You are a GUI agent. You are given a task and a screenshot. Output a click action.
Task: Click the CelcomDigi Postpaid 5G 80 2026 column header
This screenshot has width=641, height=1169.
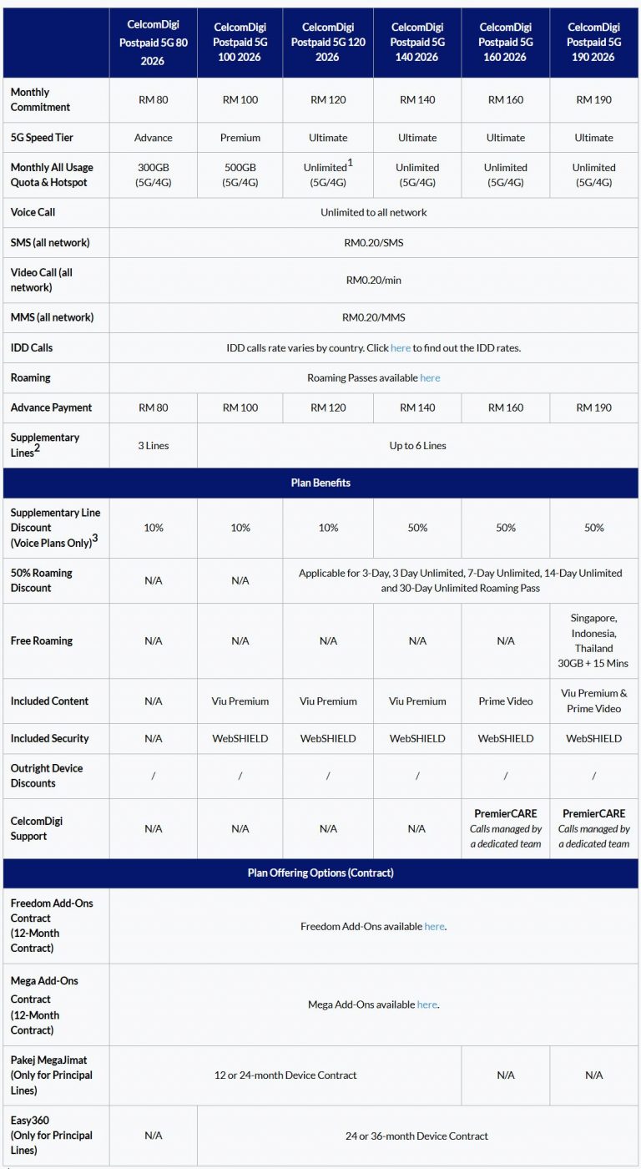(153, 43)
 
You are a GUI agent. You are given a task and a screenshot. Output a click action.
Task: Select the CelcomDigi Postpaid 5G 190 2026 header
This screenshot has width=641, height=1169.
(593, 43)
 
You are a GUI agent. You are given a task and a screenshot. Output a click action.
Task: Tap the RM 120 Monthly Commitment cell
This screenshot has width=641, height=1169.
(328, 99)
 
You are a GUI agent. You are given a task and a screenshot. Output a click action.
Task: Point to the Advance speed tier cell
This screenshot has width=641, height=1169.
(153, 138)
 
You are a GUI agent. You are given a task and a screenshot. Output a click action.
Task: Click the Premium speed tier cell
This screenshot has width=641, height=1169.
(240, 138)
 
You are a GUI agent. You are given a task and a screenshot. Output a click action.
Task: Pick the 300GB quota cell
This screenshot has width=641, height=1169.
(153, 175)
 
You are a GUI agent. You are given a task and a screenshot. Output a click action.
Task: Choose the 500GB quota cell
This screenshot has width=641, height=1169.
(240, 175)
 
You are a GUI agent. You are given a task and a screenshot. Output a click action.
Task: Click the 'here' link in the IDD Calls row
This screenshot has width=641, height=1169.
(401, 348)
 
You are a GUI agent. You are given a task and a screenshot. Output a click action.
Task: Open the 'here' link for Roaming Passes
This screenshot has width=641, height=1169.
(430, 378)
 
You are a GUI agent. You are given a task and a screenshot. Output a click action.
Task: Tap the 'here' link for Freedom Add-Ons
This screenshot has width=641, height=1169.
(434, 926)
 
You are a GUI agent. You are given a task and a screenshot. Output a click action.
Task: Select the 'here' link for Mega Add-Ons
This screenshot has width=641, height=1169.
(426, 1005)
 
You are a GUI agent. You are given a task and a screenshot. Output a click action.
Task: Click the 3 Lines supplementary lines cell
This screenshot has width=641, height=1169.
(153, 446)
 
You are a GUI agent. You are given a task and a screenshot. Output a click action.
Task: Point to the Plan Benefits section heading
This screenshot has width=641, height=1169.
(320, 483)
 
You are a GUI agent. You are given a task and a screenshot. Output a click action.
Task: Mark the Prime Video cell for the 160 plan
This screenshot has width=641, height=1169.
(506, 701)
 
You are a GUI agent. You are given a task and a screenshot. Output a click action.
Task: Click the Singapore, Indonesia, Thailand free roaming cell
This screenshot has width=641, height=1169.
(593, 640)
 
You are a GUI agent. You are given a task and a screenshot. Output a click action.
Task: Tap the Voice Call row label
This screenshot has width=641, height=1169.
(33, 213)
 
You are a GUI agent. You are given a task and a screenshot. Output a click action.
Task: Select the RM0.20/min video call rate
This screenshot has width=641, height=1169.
(373, 280)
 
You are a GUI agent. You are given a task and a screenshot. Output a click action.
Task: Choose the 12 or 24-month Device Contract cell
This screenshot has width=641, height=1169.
(285, 1075)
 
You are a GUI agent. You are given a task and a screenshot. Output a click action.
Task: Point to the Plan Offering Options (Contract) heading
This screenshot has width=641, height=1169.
(320, 873)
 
